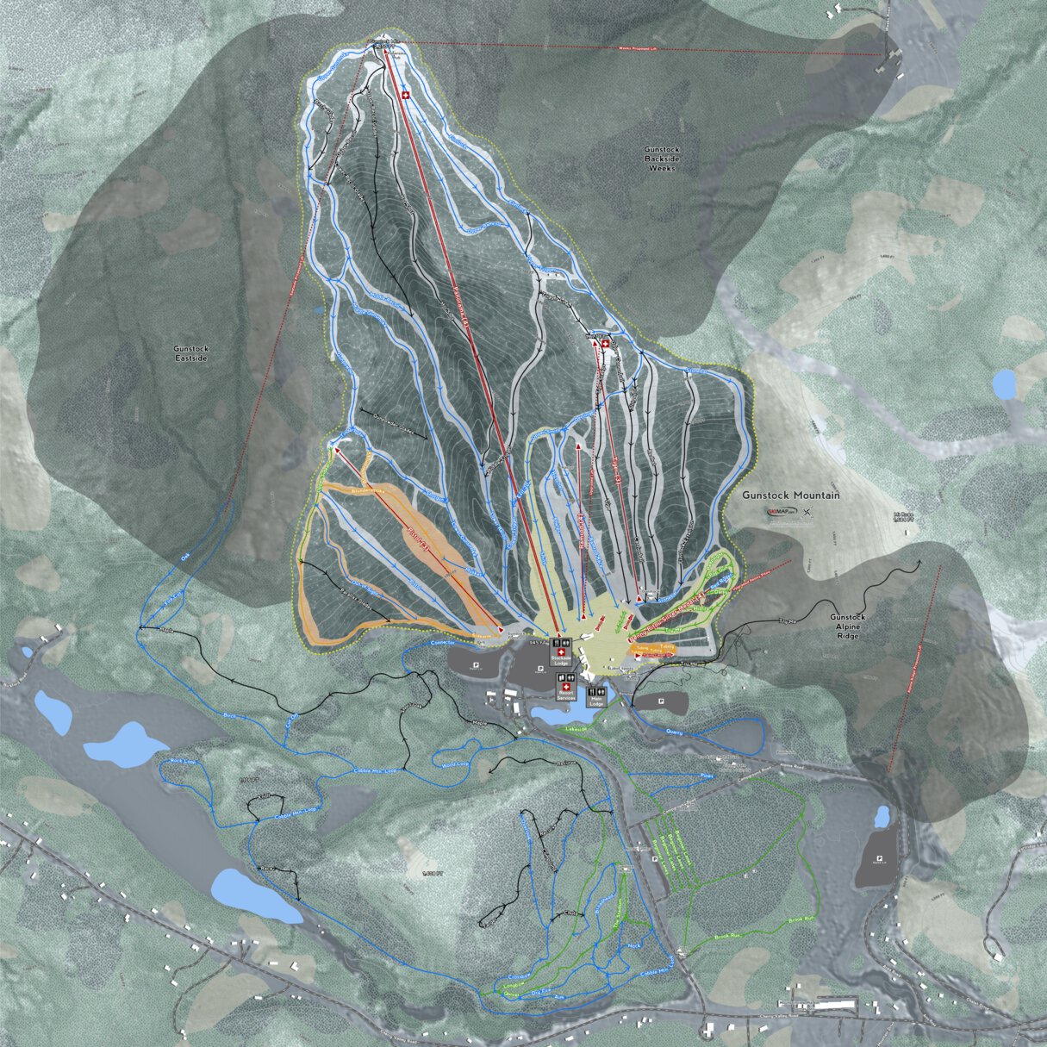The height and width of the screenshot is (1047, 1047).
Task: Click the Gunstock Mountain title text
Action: (x=791, y=495)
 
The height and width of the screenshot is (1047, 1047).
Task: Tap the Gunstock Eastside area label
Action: (x=190, y=353)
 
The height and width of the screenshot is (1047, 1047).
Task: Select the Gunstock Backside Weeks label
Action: (x=662, y=159)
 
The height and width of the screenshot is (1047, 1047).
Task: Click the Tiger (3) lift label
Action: (x=616, y=474)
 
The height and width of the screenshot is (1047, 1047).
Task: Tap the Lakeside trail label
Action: (x=575, y=729)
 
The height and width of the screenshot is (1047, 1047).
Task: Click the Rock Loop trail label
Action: (x=183, y=762)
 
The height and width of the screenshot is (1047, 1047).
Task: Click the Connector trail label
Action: (x=442, y=643)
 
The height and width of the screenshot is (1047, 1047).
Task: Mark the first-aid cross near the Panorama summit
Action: (x=406, y=97)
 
